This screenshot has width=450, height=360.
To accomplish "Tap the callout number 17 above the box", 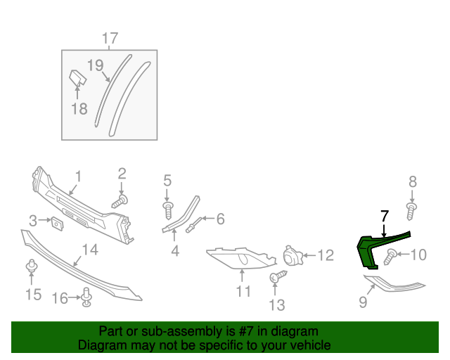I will click(x=110, y=38).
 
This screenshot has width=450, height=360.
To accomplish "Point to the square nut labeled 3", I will click(x=56, y=222).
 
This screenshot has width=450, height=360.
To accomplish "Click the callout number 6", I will click(x=221, y=219).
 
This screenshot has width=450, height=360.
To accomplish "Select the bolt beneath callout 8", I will click(x=412, y=210).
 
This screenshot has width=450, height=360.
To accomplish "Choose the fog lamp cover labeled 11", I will click(x=239, y=258).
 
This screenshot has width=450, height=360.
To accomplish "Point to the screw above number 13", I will click(x=276, y=278).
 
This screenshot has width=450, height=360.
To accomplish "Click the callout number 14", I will click(x=89, y=249).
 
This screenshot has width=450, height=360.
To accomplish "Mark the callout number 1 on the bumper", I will click(x=79, y=176).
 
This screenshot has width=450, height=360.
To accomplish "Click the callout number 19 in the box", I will click(x=95, y=66).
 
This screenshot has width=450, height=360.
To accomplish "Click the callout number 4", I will click(x=175, y=250).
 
